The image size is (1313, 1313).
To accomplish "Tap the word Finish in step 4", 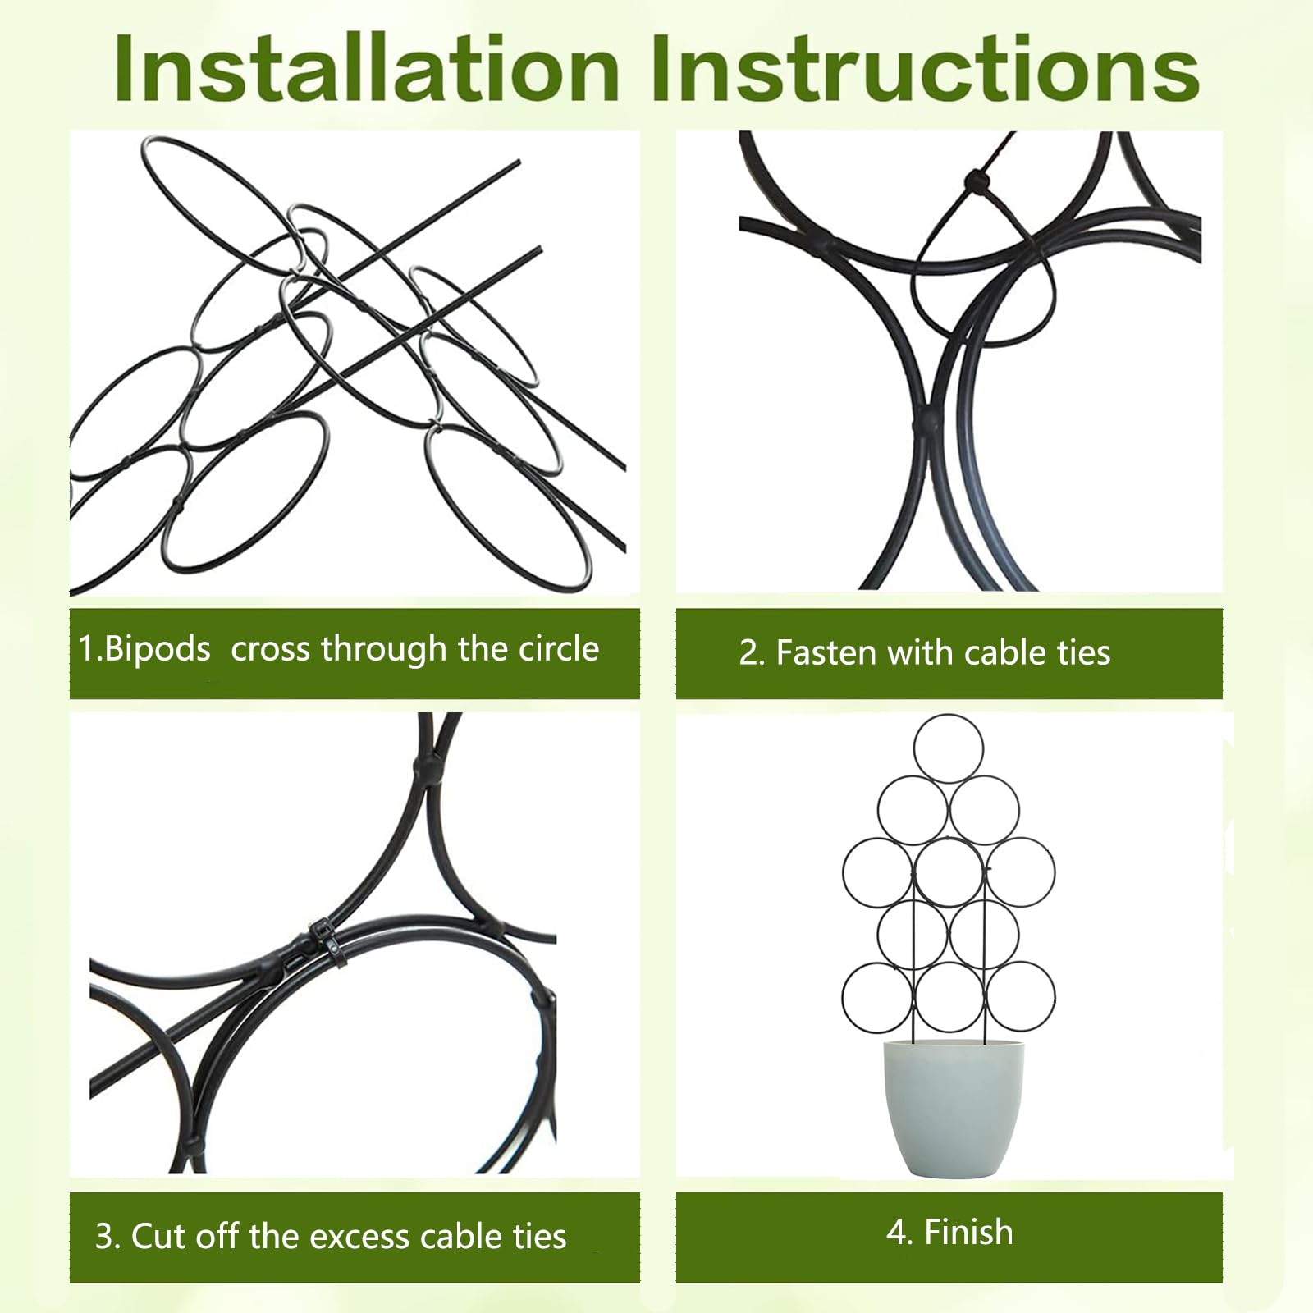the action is (x=968, y=1233).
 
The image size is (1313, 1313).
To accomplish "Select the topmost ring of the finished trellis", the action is (x=948, y=716).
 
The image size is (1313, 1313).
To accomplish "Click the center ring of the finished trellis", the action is (x=949, y=839).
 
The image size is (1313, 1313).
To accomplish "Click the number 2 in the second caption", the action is (x=748, y=653).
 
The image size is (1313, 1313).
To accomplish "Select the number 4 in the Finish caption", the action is (x=894, y=1233).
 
